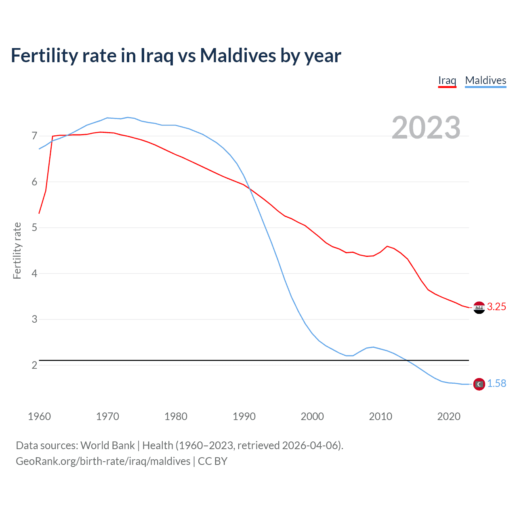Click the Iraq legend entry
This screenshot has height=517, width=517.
click(x=447, y=80)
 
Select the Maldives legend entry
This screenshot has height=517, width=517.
click(x=485, y=80)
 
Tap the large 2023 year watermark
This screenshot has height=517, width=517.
click(x=426, y=128)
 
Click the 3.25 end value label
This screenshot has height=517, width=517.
click(x=496, y=307)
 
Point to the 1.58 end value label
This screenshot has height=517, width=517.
click(x=496, y=384)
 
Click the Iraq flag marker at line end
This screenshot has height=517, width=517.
click(x=479, y=308)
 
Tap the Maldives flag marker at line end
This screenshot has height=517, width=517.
click(x=479, y=384)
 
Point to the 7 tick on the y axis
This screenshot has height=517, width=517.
click(x=34, y=136)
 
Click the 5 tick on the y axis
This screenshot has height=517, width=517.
click(x=34, y=228)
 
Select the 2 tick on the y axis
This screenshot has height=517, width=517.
click(x=34, y=365)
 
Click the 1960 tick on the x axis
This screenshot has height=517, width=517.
click(x=39, y=416)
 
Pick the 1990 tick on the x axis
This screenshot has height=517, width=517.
click(x=244, y=416)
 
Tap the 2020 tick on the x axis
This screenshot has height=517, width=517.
click(x=449, y=416)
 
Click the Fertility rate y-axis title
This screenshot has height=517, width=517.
click(x=17, y=250)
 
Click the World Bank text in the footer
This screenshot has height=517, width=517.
click(x=107, y=446)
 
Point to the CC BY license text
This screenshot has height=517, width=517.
click(x=213, y=461)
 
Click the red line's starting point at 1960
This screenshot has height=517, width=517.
click(x=39, y=213)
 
